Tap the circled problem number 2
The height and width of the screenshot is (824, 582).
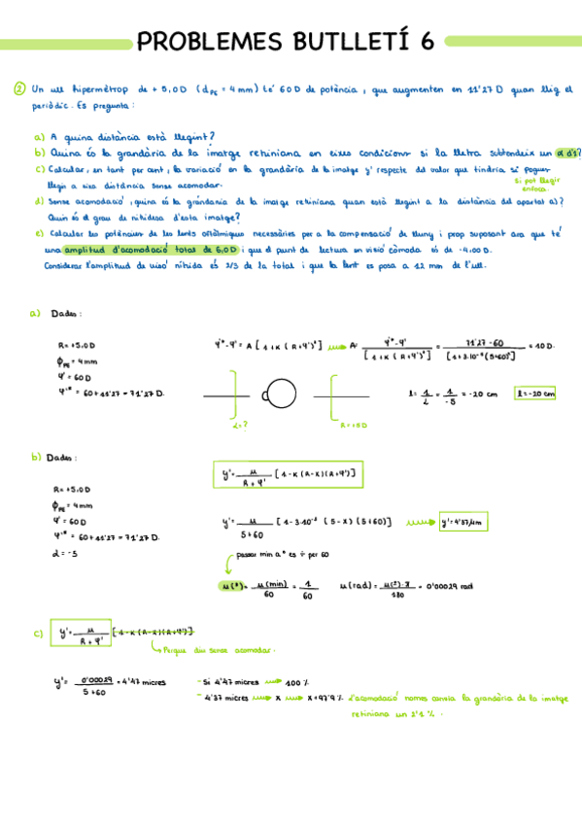click(19, 89)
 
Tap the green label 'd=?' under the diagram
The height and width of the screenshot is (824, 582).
click(240, 425)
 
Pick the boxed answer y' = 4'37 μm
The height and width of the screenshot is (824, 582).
click(461, 521)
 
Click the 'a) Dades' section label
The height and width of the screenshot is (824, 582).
click(55, 314)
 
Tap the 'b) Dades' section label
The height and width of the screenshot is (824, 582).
click(56, 456)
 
